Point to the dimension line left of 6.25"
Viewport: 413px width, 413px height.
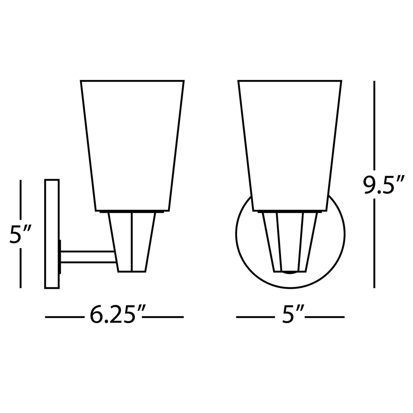[65, 317]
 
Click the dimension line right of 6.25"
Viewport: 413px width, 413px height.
[163, 317]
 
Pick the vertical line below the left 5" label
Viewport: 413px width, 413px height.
[21, 269]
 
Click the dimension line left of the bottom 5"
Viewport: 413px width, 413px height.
[255, 317]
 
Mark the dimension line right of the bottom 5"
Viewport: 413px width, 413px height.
[325, 317]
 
